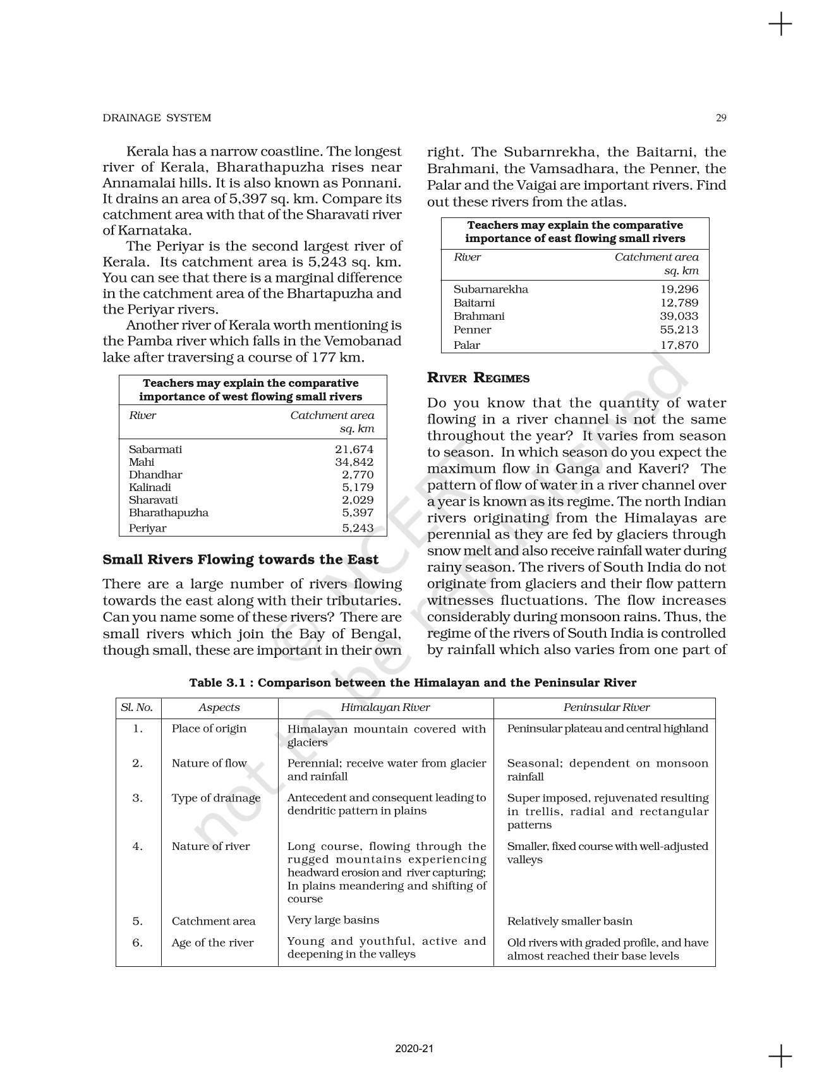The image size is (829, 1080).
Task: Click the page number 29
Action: click(x=721, y=118)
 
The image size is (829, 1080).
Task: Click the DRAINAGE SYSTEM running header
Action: click(x=157, y=118)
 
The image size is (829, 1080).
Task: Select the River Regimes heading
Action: click(x=478, y=378)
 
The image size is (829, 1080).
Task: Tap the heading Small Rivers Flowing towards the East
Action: click(x=241, y=559)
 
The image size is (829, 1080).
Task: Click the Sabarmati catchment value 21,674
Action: click(x=354, y=449)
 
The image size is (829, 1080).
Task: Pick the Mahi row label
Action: click(x=142, y=462)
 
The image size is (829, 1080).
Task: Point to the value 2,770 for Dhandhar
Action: click(x=358, y=475)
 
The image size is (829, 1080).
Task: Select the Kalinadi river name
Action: click(x=150, y=487)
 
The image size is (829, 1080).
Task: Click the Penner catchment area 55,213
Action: click(x=679, y=329)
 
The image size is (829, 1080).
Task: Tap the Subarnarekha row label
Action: click(x=491, y=289)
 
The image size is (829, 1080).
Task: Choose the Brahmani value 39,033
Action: click(x=679, y=316)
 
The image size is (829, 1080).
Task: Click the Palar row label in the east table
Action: click(x=467, y=345)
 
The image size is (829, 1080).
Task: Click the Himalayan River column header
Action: click(x=385, y=707)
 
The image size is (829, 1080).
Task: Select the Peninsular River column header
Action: click(x=607, y=707)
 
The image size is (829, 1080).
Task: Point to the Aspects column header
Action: click(x=219, y=707)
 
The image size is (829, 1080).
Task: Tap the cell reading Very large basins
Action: click(x=333, y=920)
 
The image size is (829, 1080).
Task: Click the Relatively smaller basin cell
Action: click(x=569, y=921)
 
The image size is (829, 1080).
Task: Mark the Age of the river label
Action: click(x=212, y=942)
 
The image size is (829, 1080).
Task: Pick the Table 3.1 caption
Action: click(x=413, y=683)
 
